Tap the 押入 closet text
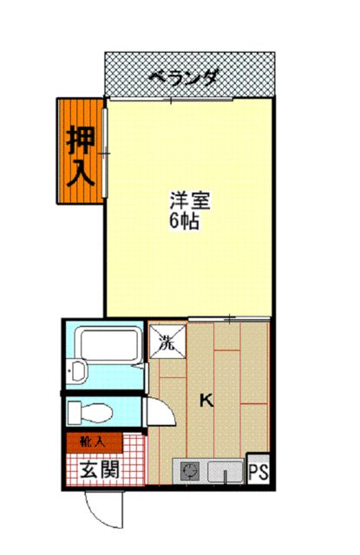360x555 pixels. coord(81,153)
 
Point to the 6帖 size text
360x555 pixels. coord(185,221)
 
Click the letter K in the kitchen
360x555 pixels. coord(206,400)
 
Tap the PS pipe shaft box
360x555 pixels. coord(258,472)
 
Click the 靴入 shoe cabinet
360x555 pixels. coord(92,441)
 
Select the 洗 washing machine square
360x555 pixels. coord(167,341)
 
